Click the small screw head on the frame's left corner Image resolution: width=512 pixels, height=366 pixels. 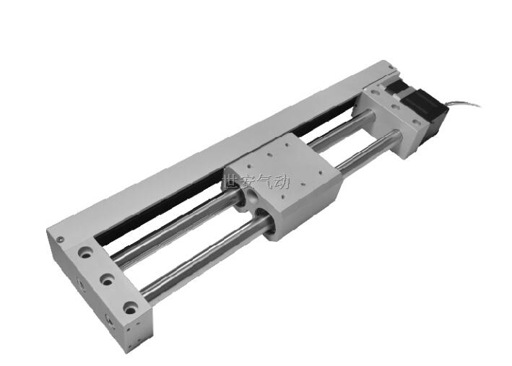pyautogui.click(x=60, y=240)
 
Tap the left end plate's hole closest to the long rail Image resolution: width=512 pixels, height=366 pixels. pyautogui.click(x=85, y=253)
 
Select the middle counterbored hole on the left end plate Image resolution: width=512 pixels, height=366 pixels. pyautogui.click(x=107, y=279)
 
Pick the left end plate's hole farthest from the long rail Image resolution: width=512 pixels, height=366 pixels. pyautogui.click(x=130, y=308)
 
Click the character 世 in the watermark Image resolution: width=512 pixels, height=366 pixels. pyautogui.click(x=230, y=181)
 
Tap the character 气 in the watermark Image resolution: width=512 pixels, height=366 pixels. pyautogui.click(x=264, y=181)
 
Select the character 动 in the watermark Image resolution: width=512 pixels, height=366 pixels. pyautogui.click(x=281, y=181)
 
